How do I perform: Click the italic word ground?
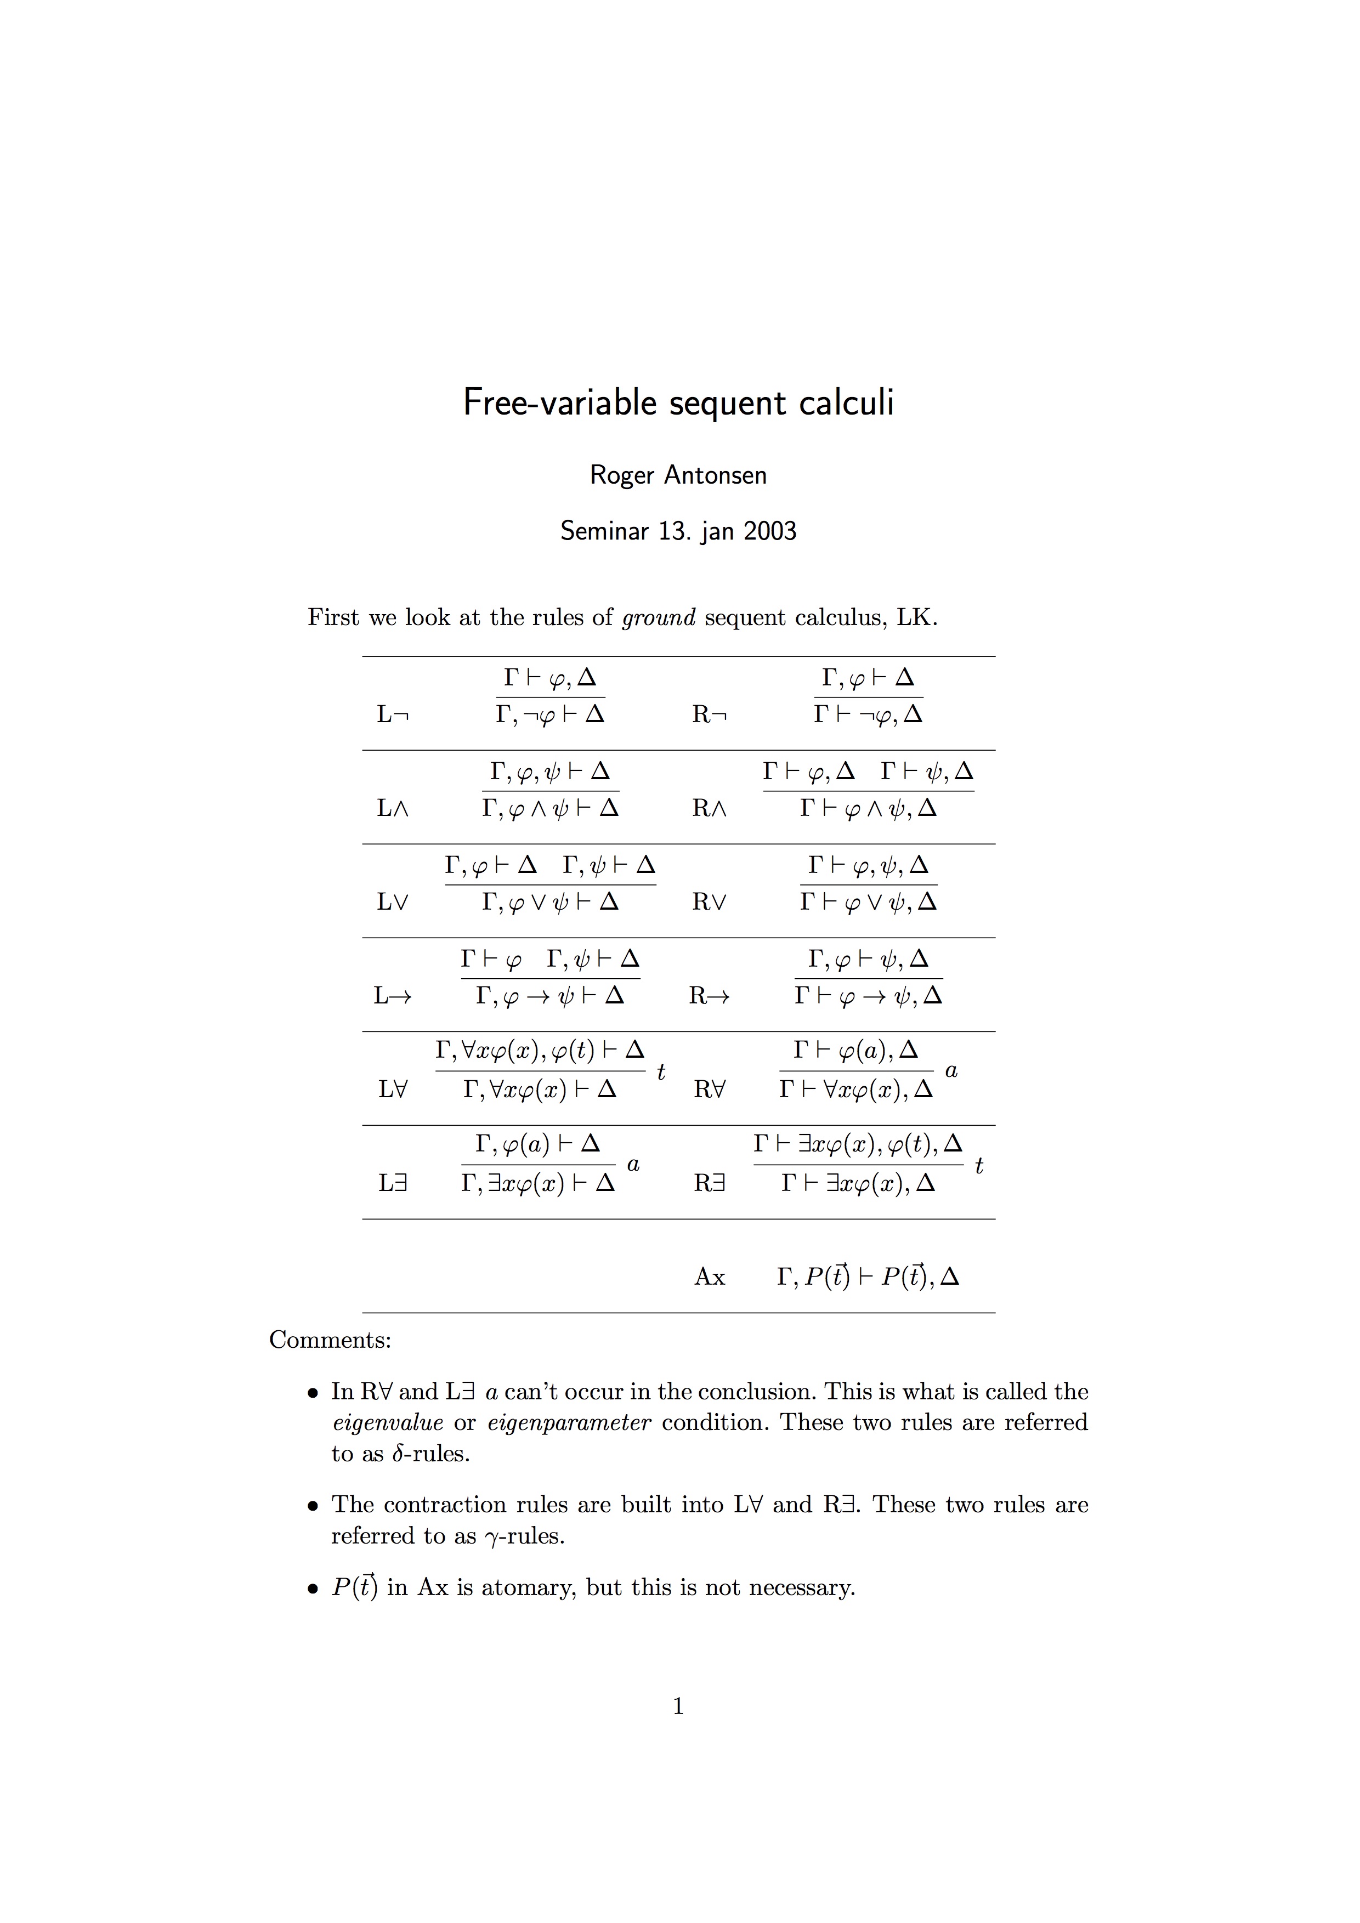point(658,617)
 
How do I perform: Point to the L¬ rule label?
point(393,714)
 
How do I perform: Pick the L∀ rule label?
point(393,1090)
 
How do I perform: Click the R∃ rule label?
point(709,1183)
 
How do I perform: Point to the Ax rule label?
point(709,1277)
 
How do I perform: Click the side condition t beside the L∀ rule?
point(661,1072)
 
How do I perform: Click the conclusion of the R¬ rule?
point(869,714)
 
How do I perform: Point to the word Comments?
point(330,1340)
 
